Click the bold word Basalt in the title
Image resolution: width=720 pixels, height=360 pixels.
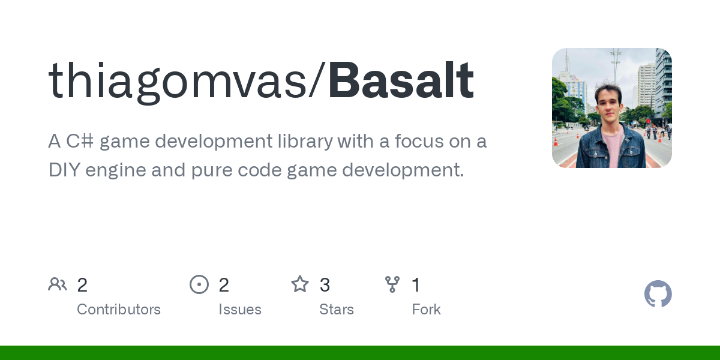coord(401,80)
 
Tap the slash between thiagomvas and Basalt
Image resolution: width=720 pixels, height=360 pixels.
coord(317,80)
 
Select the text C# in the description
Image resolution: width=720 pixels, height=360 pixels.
coord(80,141)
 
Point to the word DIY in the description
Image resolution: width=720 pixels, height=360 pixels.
coord(64,170)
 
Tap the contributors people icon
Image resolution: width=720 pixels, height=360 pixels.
coord(58,284)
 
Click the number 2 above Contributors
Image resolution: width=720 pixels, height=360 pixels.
coord(82,285)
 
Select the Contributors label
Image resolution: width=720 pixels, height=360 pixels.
coord(119,310)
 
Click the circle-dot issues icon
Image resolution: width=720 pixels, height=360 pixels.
coord(199,284)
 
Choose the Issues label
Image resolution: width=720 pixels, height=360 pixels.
coord(240,310)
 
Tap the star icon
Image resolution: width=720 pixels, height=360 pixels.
coord(300,284)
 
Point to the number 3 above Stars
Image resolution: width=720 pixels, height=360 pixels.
coord(325,285)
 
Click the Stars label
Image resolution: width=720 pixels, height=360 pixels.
coord(336,310)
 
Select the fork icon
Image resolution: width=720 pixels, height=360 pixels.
coord(392,284)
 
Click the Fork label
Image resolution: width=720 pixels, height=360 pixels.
coord(426,310)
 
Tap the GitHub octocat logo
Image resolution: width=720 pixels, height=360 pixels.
coord(658,294)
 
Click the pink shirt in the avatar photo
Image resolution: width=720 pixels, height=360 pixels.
coord(613,148)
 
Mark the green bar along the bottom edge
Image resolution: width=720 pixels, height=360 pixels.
coord(360,353)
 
